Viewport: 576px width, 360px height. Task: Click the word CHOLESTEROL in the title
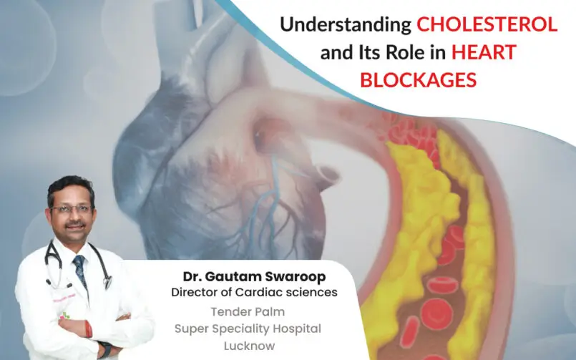[487, 25]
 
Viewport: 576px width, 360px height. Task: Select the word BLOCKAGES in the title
[418, 80]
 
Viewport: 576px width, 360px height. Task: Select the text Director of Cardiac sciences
[254, 292]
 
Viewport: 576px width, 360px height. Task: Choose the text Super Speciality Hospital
[248, 328]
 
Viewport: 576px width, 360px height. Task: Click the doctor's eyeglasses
[72, 209]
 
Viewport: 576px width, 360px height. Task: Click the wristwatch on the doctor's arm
[105, 350]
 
